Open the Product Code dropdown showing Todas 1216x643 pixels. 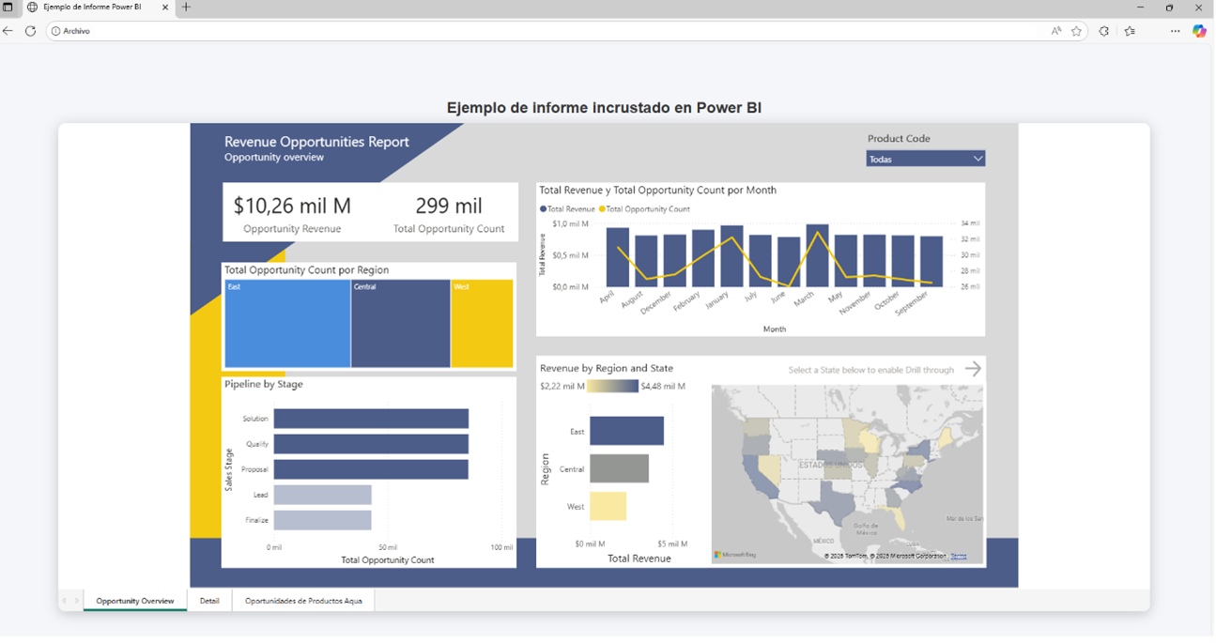tap(925, 159)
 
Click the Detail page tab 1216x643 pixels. tap(209, 601)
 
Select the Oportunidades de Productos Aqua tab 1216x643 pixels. tap(303, 601)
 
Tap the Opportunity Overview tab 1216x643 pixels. tap(135, 601)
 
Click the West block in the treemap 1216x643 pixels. tap(482, 324)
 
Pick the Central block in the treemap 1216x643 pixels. tap(400, 324)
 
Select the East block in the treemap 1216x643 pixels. tap(287, 324)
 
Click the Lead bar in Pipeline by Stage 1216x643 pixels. tap(322, 495)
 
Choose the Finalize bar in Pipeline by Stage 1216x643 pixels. tap(322, 520)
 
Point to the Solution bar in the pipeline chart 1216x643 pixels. tap(371, 419)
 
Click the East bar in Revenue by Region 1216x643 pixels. tap(626, 431)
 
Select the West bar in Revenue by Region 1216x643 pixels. tap(608, 506)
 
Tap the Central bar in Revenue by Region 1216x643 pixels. tap(619, 468)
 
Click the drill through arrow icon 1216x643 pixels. tap(973, 369)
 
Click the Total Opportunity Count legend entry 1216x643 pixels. tap(648, 209)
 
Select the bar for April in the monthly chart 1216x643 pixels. tap(617, 256)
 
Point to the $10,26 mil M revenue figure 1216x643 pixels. tap(292, 206)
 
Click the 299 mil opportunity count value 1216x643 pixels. tap(449, 206)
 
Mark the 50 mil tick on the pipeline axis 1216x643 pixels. tap(388, 547)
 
